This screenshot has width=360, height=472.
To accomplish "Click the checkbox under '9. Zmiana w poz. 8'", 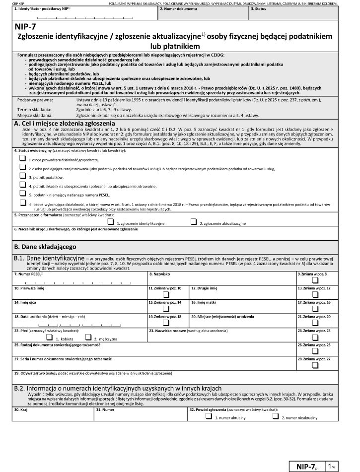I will (x=315, y=279).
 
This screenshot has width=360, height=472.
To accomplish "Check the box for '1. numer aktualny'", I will (x=209, y=417).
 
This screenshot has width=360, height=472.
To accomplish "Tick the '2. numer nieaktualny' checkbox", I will (x=276, y=417).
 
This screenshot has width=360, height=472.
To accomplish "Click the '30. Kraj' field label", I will (x=22, y=410).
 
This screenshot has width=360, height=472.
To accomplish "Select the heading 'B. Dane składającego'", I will (x=45, y=246).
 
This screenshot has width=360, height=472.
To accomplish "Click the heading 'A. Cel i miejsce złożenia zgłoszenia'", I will (x=65, y=123).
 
